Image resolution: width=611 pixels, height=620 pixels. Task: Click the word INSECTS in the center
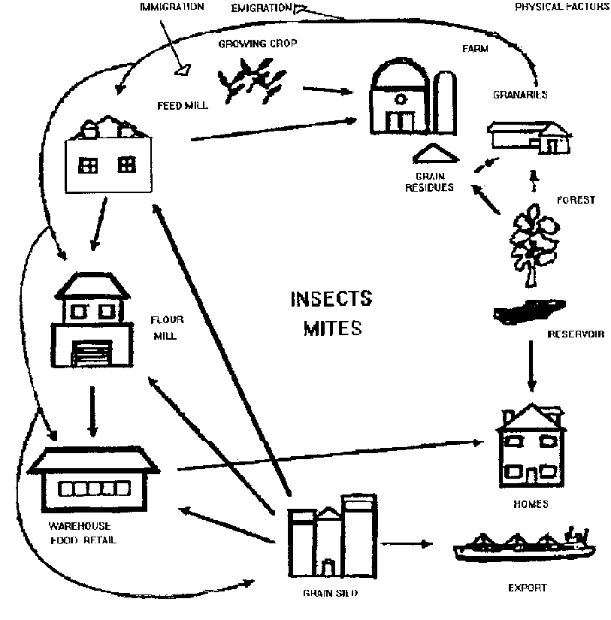[331, 299]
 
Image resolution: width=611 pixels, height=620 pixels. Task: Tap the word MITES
[333, 328]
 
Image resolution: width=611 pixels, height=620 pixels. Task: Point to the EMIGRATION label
[262, 8]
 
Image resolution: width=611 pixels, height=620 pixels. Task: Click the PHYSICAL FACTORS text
[560, 7]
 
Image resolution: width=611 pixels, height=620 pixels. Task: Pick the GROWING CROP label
[258, 44]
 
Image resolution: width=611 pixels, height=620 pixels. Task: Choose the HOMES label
[531, 504]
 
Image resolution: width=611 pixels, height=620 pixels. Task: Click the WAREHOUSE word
[80, 525]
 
